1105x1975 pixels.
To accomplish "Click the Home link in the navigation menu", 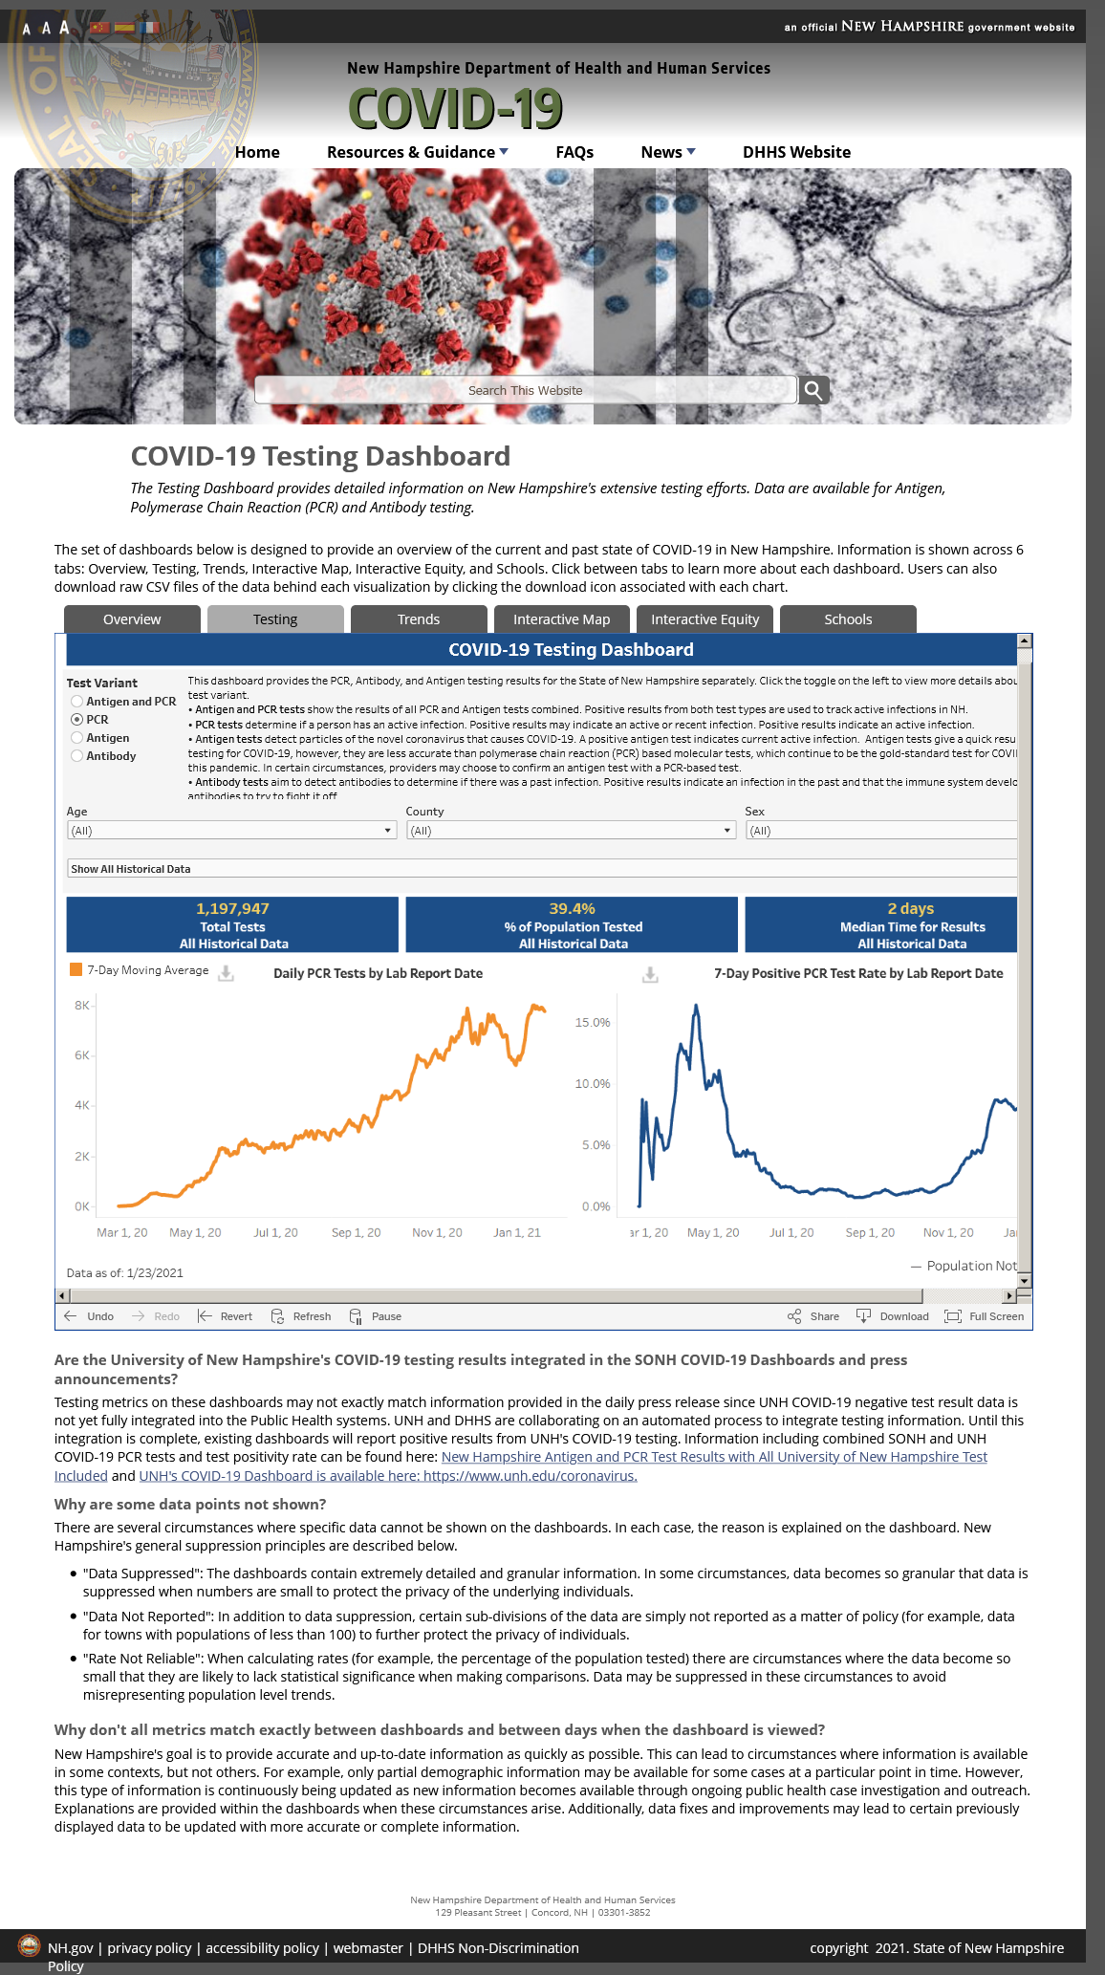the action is (x=257, y=152).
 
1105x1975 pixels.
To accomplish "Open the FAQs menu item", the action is (x=574, y=152).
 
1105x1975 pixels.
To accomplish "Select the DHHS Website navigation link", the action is (x=796, y=152).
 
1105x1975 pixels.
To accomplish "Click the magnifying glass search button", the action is (x=813, y=390).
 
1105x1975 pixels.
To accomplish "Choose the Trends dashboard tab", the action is (x=419, y=619).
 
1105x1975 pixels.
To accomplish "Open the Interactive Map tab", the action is (x=561, y=619).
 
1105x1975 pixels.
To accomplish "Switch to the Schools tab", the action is (x=848, y=619).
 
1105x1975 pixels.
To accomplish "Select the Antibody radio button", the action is (x=77, y=756).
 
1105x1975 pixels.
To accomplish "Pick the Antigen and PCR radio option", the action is (x=77, y=702).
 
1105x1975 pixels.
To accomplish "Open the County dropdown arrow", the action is (x=727, y=831).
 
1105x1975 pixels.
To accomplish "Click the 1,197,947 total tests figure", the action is (x=232, y=909).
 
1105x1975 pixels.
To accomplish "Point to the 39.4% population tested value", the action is (x=572, y=909).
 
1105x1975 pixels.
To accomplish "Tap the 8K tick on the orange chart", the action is (x=82, y=1006).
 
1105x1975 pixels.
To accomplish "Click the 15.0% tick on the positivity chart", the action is (x=593, y=1023).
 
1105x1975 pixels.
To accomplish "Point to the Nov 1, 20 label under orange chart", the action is (x=437, y=1233).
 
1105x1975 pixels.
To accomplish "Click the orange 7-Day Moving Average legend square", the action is (x=76, y=970).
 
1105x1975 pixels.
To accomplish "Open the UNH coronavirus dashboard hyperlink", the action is (x=388, y=1476).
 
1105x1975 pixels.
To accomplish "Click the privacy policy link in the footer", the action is (x=149, y=1948).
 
